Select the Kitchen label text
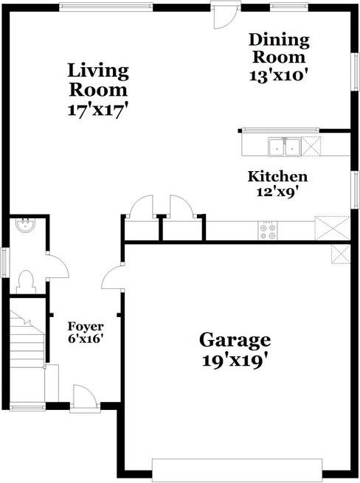[x=277, y=177]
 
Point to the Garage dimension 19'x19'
[x=235, y=361]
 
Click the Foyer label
[x=86, y=326]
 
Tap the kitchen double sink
[x=283, y=147]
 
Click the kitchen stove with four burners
[x=267, y=232]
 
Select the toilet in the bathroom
[x=27, y=280]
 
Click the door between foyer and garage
[x=111, y=278]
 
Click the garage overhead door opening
[x=237, y=469]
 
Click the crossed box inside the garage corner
[x=340, y=255]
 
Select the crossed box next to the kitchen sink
[x=312, y=146]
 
